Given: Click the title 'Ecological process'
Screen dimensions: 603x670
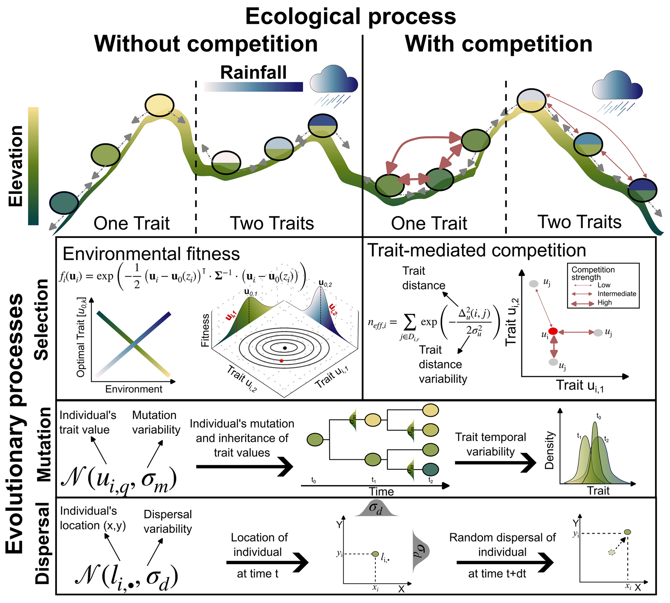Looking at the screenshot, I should pyautogui.click(x=350, y=17).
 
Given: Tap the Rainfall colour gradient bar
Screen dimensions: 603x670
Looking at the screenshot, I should pyautogui.click(x=253, y=87).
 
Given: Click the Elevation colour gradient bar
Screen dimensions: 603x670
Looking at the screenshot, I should pyautogui.click(x=33, y=166).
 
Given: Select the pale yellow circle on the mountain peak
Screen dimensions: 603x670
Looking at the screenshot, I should pyautogui.click(x=159, y=105).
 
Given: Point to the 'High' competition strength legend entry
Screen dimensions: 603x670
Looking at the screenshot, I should pyautogui.click(x=604, y=302).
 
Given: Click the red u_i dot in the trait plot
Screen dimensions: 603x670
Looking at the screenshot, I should pyautogui.click(x=553, y=331).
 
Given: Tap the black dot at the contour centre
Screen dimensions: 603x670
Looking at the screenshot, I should pyautogui.click(x=285, y=348).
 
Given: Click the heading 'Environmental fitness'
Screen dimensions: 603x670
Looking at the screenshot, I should pyautogui.click(x=151, y=254).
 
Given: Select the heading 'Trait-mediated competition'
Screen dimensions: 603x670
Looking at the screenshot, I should pyautogui.click(x=476, y=251).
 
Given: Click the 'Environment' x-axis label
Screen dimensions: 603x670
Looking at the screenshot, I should pyautogui.click(x=134, y=389).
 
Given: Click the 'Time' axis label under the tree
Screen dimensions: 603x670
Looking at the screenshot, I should pyautogui.click(x=381, y=491).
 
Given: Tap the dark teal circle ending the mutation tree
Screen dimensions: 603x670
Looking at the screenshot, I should pyautogui.click(x=430, y=469).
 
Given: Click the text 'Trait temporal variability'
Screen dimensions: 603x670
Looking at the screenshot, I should pyautogui.click(x=490, y=444).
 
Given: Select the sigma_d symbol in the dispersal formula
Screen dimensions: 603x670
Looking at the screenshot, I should pyautogui.click(x=158, y=578).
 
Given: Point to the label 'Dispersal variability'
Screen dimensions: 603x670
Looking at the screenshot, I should pyautogui.click(x=168, y=522).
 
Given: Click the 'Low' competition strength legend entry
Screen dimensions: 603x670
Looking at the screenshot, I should pyautogui.click(x=604, y=285).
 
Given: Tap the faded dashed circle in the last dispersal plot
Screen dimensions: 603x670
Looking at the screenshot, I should pyautogui.click(x=612, y=552).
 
